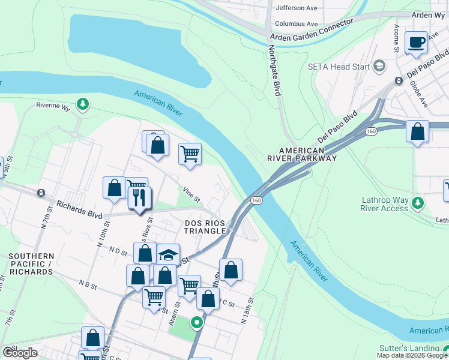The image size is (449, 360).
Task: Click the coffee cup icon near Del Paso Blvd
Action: click(x=416, y=43)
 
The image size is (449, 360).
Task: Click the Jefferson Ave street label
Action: click(x=296, y=8)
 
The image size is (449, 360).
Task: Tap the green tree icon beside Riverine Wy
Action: click(x=83, y=105)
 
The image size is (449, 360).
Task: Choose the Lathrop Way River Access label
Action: click(x=385, y=204)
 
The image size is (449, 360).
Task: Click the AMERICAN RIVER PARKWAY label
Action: click(x=302, y=154)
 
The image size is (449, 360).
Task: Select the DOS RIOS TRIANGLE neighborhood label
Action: click(x=205, y=227)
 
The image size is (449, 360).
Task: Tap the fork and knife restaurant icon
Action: click(x=140, y=197)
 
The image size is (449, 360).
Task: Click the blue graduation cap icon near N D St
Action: click(x=169, y=253)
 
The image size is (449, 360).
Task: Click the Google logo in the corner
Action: click(x=20, y=353)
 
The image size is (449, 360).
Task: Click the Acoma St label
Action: click(x=397, y=39)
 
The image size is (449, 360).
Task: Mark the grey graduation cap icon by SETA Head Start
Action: click(x=379, y=65)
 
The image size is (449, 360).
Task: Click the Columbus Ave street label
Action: click(x=296, y=24)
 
